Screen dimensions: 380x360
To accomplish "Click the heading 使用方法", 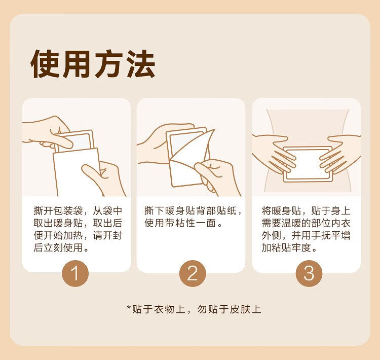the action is click(x=93, y=64).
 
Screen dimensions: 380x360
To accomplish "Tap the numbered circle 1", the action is click(x=75, y=273).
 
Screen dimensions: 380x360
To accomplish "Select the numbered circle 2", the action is click(x=193, y=273).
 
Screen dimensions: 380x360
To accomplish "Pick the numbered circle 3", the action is click(x=309, y=273).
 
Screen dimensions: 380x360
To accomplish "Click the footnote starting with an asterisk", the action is click(x=194, y=309).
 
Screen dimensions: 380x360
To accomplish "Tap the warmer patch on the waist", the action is click(x=308, y=164).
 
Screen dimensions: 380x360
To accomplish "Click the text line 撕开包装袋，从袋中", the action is click(x=78, y=210).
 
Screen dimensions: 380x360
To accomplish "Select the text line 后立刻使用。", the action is click(x=61, y=247).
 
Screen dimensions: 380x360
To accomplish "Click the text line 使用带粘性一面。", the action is click(x=183, y=223).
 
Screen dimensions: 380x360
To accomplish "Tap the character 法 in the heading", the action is click(x=141, y=64).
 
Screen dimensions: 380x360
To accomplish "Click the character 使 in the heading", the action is click(x=45, y=64).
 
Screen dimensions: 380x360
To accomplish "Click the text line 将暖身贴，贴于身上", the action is click(x=306, y=210).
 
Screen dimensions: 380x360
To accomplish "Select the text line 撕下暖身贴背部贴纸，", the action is click(x=193, y=210).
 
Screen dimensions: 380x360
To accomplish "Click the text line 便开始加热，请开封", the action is click(x=78, y=235).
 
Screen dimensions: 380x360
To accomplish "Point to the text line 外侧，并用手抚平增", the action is click(x=306, y=235).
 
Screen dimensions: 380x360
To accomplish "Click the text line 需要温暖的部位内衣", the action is click(x=306, y=223).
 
